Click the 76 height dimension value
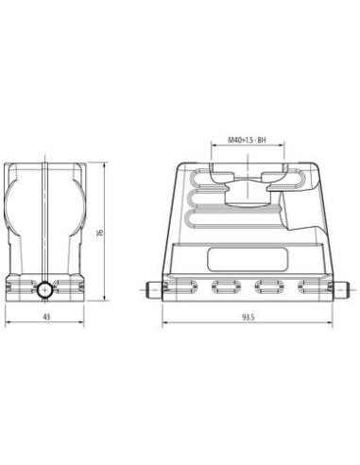[100, 232]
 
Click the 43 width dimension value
[46, 317]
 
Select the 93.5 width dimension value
[248, 318]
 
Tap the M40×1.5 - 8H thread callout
[247, 140]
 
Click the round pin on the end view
[45, 290]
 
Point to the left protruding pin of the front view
[154, 290]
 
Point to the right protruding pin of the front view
[340, 290]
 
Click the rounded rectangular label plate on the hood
[248, 259]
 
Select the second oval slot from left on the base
[226, 286]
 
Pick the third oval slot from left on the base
[269, 286]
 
